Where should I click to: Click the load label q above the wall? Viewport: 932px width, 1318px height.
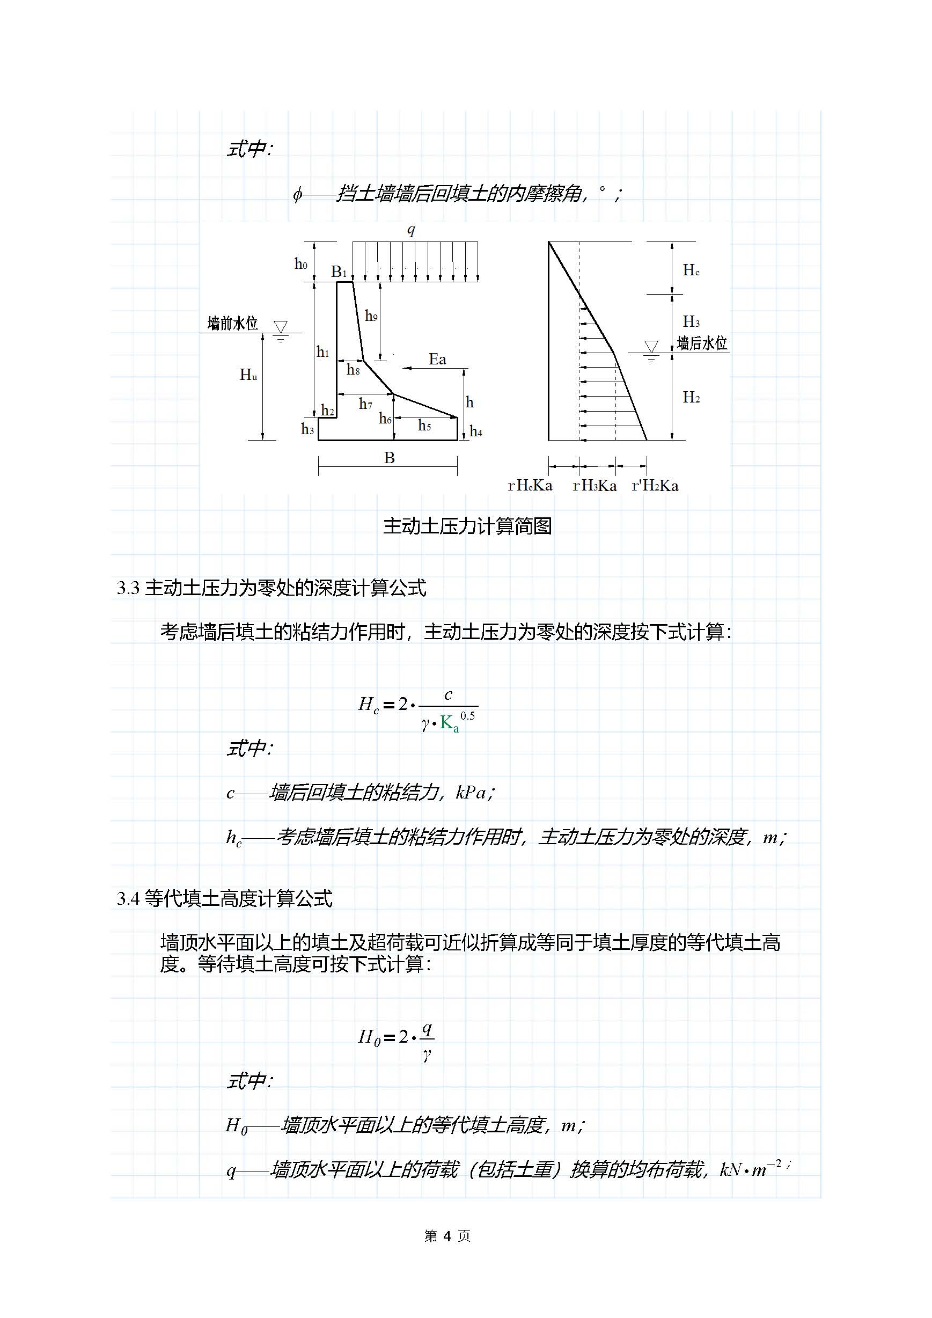(411, 231)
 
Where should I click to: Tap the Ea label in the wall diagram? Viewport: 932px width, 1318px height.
(437, 360)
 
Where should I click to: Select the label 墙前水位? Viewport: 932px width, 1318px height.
(232, 324)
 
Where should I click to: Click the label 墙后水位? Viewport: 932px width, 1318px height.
(702, 343)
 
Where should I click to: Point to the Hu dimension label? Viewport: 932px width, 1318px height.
(248, 376)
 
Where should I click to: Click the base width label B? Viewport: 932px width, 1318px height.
(389, 458)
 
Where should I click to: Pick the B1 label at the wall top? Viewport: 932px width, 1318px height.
(339, 271)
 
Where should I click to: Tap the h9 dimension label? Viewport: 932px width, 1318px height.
(371, 316)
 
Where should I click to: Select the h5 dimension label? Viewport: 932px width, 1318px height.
(424, 426)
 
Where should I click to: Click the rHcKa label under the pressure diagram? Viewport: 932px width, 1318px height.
(530, 486)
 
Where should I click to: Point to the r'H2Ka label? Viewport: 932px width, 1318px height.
(655, 486)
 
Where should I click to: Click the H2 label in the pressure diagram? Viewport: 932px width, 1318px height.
(691, 397)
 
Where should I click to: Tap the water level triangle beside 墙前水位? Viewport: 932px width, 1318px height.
(280, 327)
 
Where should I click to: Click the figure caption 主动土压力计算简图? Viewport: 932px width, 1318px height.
(467, 526)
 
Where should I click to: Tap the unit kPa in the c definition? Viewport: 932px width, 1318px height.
(471, 793)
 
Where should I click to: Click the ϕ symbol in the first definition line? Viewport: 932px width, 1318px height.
(297, 195)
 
